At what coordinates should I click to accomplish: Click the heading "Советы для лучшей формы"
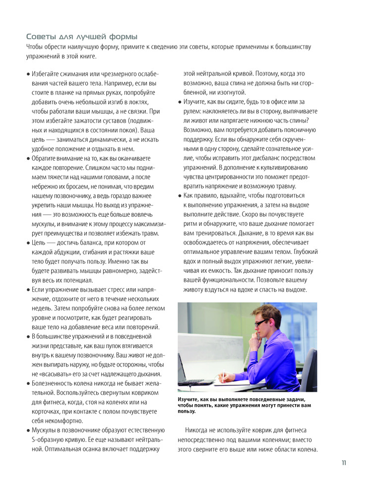pos(82,37)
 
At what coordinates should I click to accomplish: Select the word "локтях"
pos(141,102)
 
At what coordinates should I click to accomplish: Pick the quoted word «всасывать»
pos(63,374)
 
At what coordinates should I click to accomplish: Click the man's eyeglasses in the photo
pos(261,323)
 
